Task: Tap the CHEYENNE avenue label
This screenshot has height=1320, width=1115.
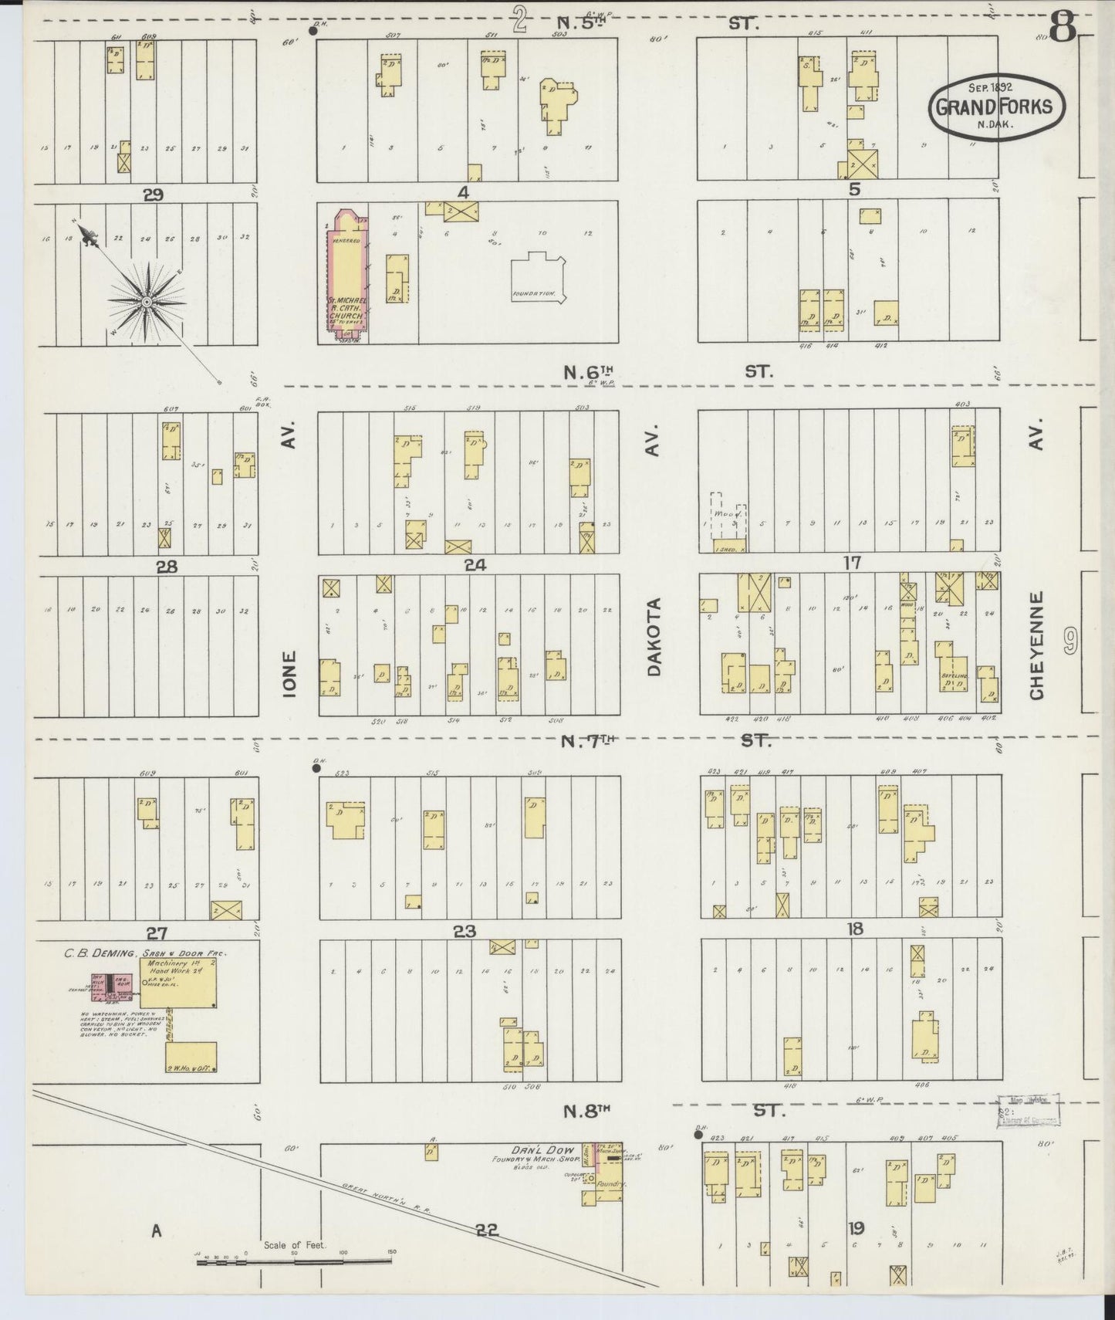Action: pyautogui.click(x=1036, y=645)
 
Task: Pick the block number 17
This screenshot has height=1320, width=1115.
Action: pyautogui.click(x=852, y=563)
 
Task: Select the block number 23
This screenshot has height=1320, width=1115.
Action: pyautogui.click(x=464, y=931)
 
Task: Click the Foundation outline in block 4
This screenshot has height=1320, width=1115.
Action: pyautogui.click(x=539, y=279)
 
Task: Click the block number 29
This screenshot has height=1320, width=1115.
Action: pyautogui.click(x=154, y=195)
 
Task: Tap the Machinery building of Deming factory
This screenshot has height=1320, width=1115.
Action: pyautogui.click(x=177, y=983)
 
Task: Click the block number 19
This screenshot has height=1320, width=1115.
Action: pyautogui.click(x=855, y=1227)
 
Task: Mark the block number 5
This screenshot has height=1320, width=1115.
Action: pyautogui.click(x=853, y=189)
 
